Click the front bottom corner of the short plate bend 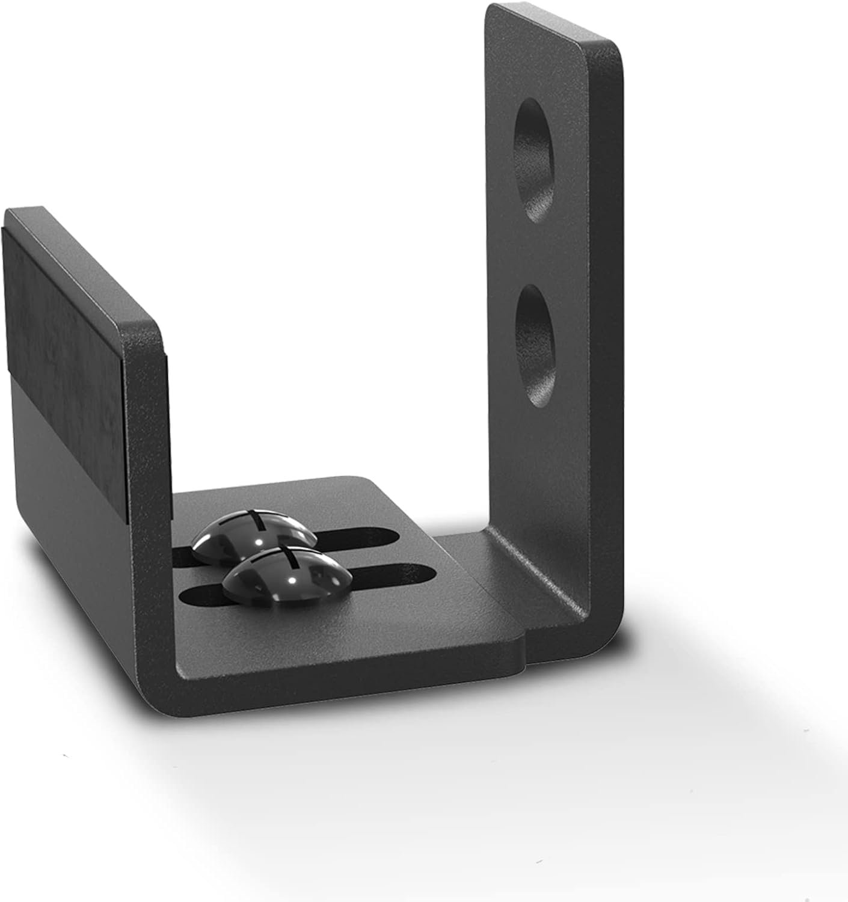[180, 673]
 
